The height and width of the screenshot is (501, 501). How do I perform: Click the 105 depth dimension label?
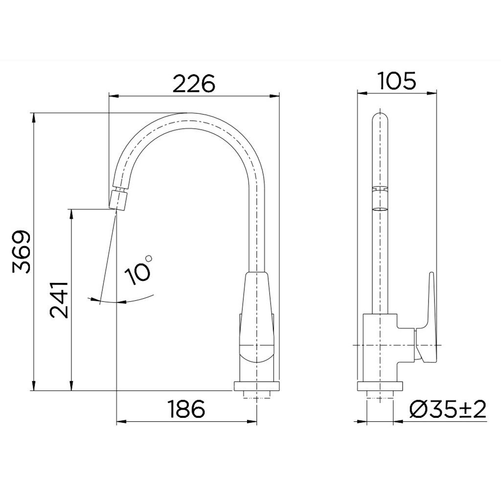tap(397, 80)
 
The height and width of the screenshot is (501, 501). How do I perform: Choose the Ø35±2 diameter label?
tap(448, 409)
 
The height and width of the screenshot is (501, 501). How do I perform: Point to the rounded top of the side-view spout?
tap(380, 117)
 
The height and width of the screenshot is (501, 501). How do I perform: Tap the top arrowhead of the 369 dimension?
tap(34, 117)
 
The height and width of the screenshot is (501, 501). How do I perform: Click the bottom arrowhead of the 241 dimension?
tap(72, 386)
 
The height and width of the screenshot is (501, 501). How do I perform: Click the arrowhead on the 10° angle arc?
tap(91, 298)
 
